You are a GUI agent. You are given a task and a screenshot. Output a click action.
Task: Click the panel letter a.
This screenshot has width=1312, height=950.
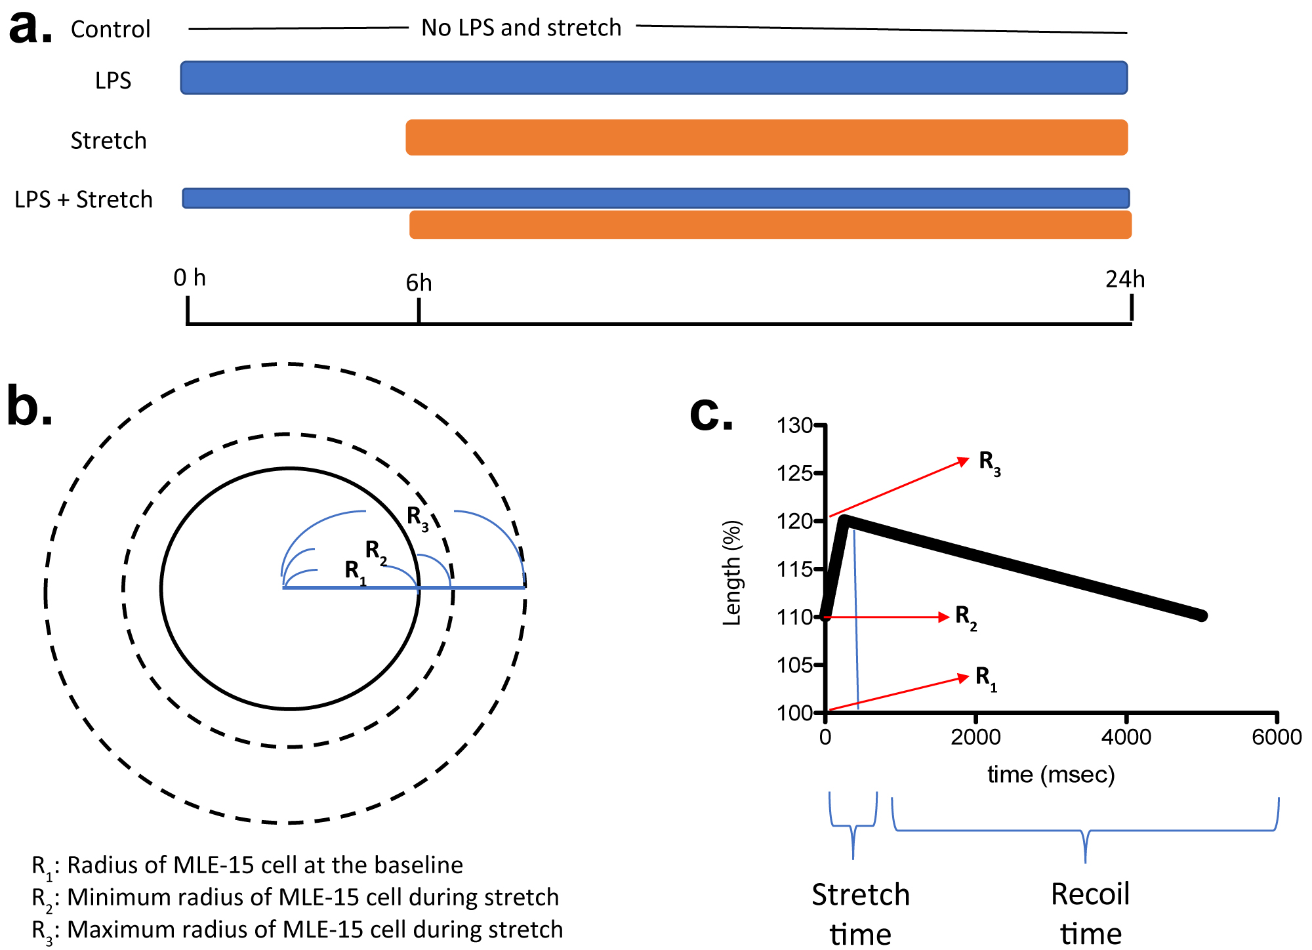[x=30, y=29]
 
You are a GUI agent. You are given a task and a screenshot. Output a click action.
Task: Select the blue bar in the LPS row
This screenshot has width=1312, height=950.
[x=654, y=78]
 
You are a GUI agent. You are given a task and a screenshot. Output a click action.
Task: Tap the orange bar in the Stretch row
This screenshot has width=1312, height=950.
[x=766, y=138]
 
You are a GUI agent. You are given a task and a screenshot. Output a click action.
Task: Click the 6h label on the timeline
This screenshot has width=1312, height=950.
[x=419, y=283]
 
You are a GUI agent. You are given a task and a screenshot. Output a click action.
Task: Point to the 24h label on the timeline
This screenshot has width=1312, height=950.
[x=1124, y=279]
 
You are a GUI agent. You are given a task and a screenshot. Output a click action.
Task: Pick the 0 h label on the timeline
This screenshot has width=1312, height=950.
[x=190, y=278]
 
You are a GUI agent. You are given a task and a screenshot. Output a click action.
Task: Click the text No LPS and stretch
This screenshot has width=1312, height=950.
[x=521, y=28]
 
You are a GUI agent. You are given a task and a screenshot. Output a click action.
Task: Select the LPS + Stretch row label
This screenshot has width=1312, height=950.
[x=83, y=199]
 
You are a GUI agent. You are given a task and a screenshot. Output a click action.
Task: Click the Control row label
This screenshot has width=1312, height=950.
[x=110, y=30]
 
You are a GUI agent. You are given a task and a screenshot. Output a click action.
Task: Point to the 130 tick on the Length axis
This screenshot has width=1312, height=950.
[x=794, y=426]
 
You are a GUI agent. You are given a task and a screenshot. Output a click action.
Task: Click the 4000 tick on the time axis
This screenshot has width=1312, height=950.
[x=1126, y=737]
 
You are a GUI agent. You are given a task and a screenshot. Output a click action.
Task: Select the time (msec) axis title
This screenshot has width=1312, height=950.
[x=1051, y=775]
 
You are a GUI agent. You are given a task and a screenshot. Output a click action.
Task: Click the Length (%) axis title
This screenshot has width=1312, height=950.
[x=731, y=573]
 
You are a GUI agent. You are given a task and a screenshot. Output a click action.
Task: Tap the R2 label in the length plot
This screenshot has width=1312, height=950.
[x=966, y=617]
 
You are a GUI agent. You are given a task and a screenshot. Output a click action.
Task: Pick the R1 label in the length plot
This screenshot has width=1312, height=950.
[x=986, y=678]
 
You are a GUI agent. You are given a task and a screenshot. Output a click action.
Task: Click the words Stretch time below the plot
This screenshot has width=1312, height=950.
[x=860, y=914]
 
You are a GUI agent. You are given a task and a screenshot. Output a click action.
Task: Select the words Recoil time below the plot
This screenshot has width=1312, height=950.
[x=1090, y=913]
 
